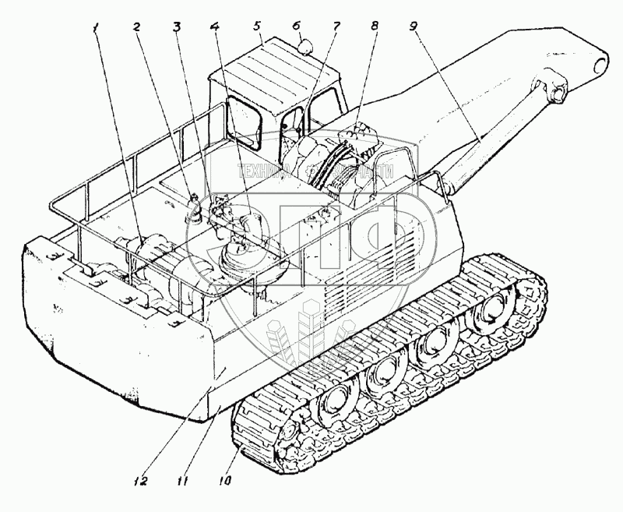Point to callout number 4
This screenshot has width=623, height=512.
tap(213, 26)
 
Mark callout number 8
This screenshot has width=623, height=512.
tap(375, 26)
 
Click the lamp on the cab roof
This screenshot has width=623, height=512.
tap(305, 47)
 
